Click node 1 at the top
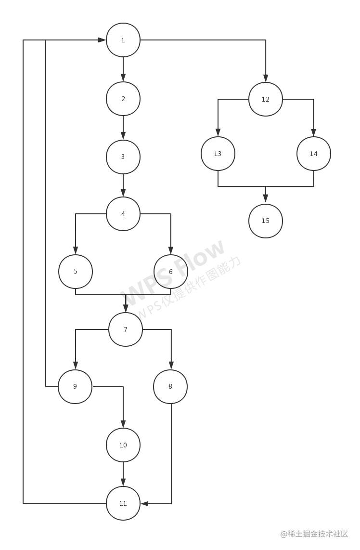click(123, 40)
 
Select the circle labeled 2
click(123, 99)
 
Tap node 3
click(123, 157)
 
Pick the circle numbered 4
click(123, 214)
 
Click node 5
click(76, 272)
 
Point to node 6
click(171, 272)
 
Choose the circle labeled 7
click(126, 329)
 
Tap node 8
click(170, 386)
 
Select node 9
click(75, 386)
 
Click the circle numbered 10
click(123, 445)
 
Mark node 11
click(123, 503)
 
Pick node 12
click(266, 99)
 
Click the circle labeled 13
click(218, 154)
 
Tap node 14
click(314, 154)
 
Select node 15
click(266, 221)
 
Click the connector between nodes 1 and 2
click(123, 69)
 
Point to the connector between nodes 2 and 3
click(123, 128)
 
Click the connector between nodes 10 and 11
click(123, 474)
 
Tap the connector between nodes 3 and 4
click(123, 185)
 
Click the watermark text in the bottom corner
click(314, 533)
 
